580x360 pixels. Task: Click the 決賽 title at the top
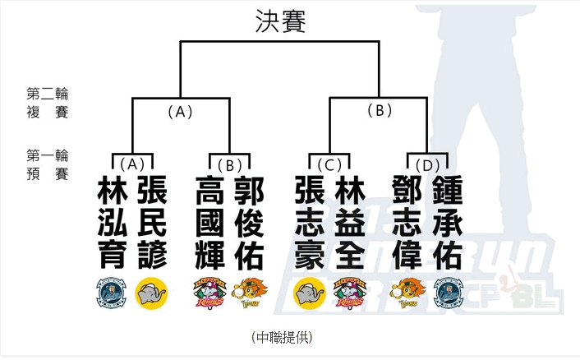(x=279, y=22)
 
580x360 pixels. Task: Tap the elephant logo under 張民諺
(x=151, y=294)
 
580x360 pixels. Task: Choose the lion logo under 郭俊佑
(x=249, y=294)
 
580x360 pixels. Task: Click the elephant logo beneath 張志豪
(x=309, y=294)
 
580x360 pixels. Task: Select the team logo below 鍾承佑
(x=448, y=294)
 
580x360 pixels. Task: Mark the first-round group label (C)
(x=329, y=164)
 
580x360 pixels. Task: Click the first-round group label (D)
(x=427, y=164)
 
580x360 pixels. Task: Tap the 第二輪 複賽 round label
(x=47, y=103)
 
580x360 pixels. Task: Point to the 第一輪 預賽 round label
(x=47, y=164)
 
